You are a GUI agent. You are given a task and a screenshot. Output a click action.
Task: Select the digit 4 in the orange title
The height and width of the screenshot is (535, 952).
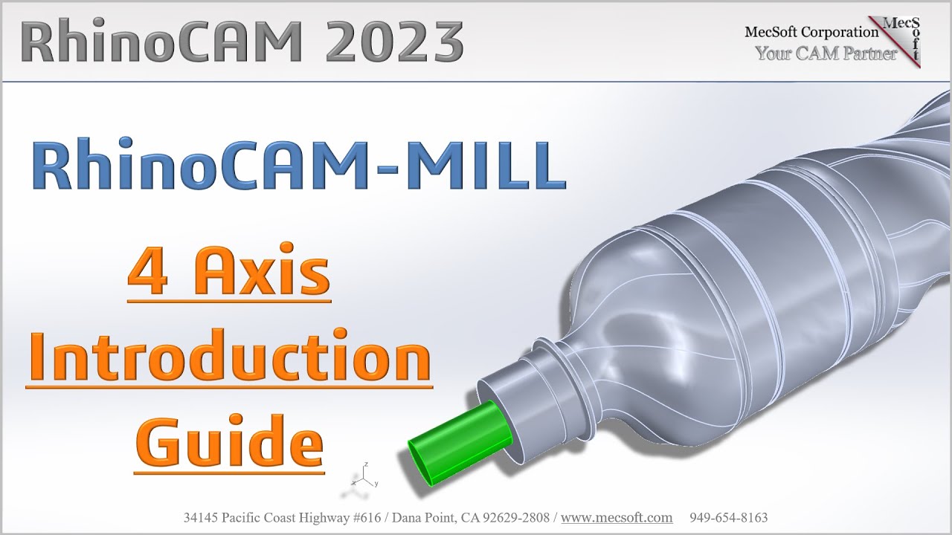(147, 275)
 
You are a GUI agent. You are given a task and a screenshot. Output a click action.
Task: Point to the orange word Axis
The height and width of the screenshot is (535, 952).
(265, 275)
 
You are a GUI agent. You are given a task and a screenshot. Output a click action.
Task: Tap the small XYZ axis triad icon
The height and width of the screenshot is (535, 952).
(364, 479)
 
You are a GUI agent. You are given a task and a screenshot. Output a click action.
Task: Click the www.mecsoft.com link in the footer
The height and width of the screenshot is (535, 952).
(617, 517)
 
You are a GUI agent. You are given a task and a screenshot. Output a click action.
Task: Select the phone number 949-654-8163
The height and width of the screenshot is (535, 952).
(729, 517)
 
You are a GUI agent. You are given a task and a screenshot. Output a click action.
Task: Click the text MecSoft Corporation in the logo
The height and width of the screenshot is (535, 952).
(811, 31)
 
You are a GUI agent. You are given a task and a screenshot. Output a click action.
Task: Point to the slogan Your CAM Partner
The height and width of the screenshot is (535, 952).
(826, 53)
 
